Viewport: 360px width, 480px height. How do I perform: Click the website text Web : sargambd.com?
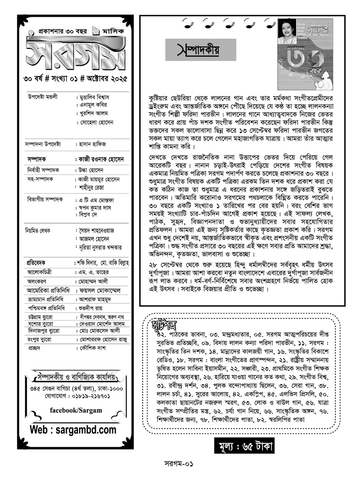click(x=73, y=430)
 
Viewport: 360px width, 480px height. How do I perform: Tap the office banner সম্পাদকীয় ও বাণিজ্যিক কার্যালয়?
click(x=75, y=375)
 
